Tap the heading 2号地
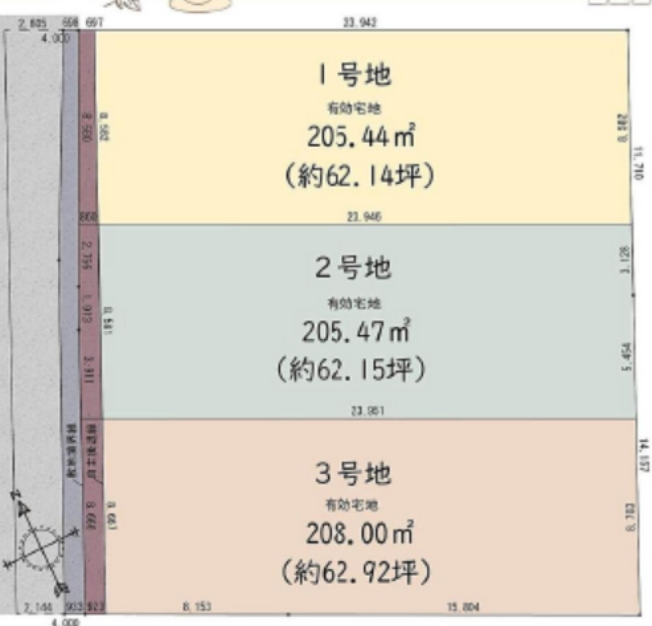pos(353,268)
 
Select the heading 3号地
pos(353,473)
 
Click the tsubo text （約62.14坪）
pos(359,176)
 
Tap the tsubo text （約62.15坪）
pos(353,370)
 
